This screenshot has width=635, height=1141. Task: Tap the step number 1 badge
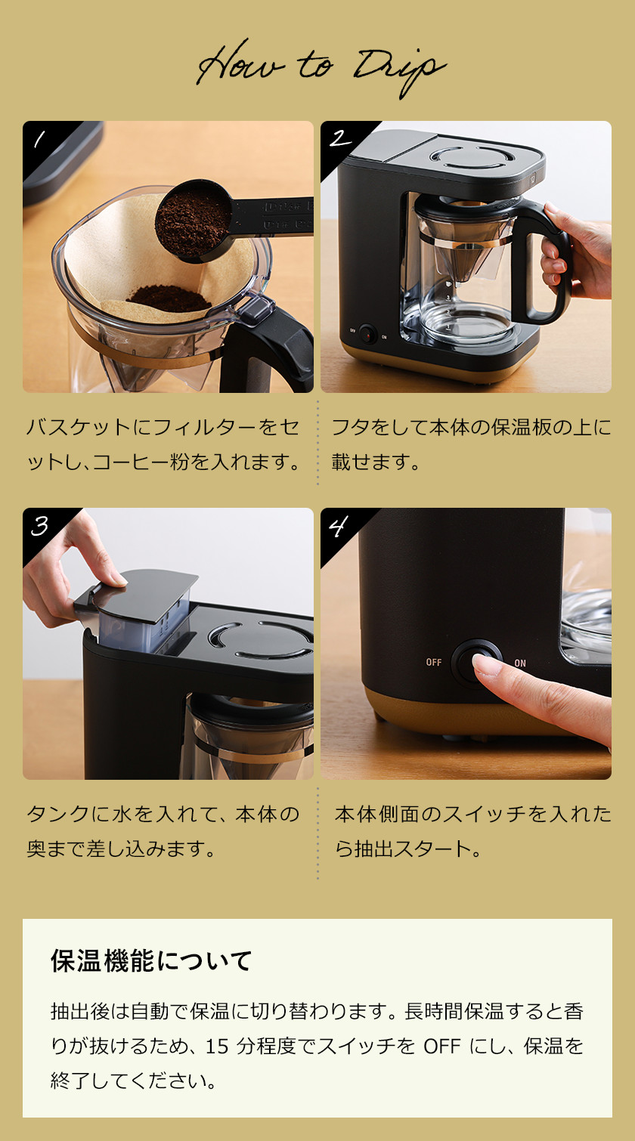click(39, 138)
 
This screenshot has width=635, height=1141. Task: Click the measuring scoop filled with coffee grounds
click(194, 220)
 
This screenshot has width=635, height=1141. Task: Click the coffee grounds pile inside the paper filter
click(169, 298)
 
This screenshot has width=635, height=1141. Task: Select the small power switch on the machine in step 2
click(367, 333)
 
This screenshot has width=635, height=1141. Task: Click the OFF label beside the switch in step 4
click(433, 663)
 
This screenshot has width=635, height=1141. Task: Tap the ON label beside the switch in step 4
click(520, 663)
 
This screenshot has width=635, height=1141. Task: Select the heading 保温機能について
click(151, 961)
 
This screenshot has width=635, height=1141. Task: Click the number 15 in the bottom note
click(216, 1047)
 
